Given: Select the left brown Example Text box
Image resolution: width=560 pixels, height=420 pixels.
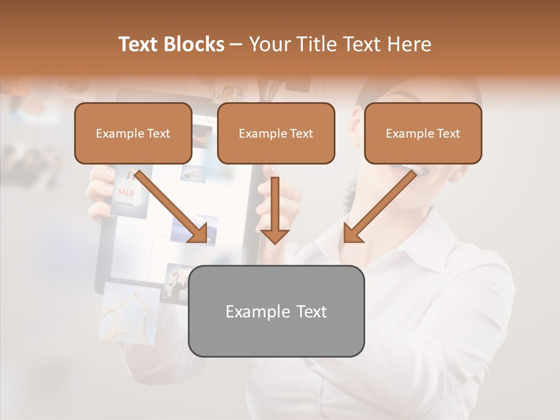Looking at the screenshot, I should pyautogui.click(x=133, y=133).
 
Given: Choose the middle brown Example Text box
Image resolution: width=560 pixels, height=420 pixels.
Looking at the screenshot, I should pyautogui.click(x=276, y=133).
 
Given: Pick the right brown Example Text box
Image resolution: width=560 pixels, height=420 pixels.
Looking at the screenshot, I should pyautogui.click(x=423, y=133).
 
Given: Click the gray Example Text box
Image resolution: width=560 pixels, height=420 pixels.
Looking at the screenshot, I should pyautogui.click(x=276, y=311).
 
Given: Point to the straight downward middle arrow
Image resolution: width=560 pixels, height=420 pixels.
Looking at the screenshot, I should pyautogui.click(x=275, y=210).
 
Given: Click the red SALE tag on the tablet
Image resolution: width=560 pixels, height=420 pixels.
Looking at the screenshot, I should pyautogui.click(x=125, y=193).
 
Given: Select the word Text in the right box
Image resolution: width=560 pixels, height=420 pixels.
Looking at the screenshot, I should pyautogui.click(x=448, y=134).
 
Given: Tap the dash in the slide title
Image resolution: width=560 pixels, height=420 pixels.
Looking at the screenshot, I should pyautogui.click(x=237, y=44).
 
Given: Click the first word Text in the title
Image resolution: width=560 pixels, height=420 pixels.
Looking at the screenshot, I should pyautogui.click(x=139, y=44).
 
